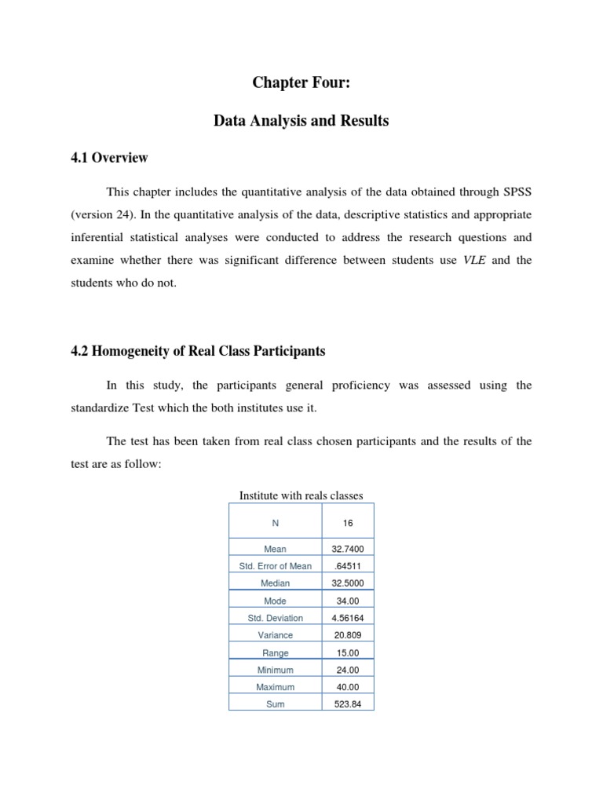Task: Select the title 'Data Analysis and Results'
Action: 301,121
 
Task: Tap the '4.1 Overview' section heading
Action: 109,158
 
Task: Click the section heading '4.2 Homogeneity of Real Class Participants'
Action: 198,351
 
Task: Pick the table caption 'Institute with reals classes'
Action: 301,495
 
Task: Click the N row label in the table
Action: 275,521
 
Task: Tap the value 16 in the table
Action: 348,521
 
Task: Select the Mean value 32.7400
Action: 348,549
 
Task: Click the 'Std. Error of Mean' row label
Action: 275,566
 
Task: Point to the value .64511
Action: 348,566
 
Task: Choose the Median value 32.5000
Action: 348,583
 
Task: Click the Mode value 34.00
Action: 348,601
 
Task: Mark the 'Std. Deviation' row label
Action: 275,618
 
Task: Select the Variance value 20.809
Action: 348,635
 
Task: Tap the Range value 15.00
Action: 348,652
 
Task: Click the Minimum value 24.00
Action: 348,670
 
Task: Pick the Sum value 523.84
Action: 348,704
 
